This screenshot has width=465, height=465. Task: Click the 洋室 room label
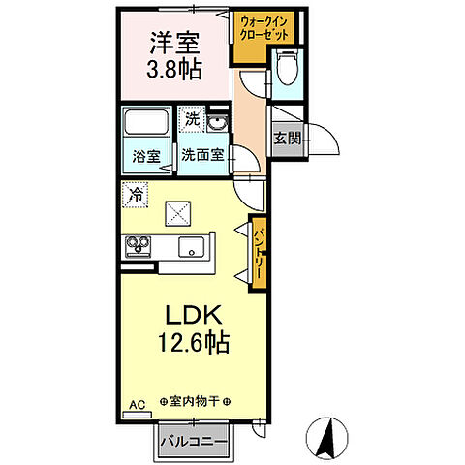click(173, 45)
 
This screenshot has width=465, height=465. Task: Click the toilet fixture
click(286, 69)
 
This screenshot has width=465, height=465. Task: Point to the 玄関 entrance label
click(286, 138)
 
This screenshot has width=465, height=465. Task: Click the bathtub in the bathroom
click(147, 124)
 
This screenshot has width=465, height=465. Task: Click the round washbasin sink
click(218, 123)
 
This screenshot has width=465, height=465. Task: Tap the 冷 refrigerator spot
click(136, 195)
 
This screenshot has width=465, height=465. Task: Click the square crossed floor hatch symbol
click(179, 212)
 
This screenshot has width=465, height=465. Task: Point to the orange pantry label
click(258, 250)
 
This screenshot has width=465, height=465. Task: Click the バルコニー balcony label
click(194, 443)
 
